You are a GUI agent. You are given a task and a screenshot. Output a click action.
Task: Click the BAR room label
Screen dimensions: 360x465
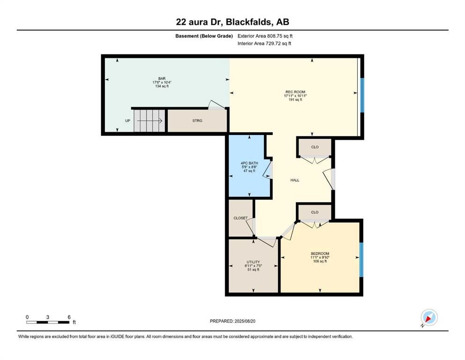click(162, 78)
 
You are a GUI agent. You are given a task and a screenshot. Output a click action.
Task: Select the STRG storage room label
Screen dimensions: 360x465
click(197, 121)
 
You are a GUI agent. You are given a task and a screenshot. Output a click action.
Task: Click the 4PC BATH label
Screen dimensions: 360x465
click(249, 163)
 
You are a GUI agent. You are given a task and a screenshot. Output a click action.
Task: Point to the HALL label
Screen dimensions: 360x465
click(295, 180)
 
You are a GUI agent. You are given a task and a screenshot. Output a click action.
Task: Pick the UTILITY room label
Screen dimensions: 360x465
click(253, 262)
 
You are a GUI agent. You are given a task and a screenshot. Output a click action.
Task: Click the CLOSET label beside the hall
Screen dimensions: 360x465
click(240, 218)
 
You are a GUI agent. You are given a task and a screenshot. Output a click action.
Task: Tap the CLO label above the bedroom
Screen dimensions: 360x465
click(315, 212)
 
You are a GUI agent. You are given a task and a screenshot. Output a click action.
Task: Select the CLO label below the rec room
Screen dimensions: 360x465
click(315, 147)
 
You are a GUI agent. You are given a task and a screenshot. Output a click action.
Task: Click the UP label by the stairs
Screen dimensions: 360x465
click(127, 121)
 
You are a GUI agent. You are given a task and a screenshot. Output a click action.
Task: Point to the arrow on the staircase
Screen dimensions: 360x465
click(150, 121)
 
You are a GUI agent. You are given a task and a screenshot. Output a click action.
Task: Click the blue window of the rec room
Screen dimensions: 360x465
click(362, 95)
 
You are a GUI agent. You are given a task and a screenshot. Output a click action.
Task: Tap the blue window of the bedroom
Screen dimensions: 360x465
click(361, 260)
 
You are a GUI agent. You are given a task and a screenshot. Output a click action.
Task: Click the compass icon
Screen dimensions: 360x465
click(428, 318)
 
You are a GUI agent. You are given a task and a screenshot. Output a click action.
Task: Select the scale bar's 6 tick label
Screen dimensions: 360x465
click(69, 317)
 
